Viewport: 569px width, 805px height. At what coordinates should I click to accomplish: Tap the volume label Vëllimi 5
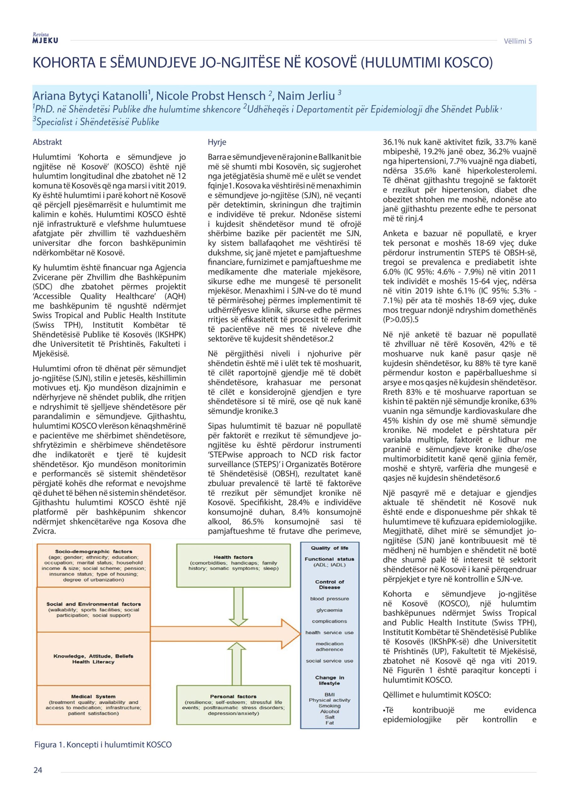point(517,41)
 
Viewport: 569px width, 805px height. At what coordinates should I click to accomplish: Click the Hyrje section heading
point(217,142)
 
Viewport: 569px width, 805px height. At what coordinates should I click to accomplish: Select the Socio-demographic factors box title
point(94,552)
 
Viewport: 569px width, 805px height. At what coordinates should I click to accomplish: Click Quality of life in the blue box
point(329,548)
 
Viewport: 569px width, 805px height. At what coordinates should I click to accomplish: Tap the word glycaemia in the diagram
point(329,610)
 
